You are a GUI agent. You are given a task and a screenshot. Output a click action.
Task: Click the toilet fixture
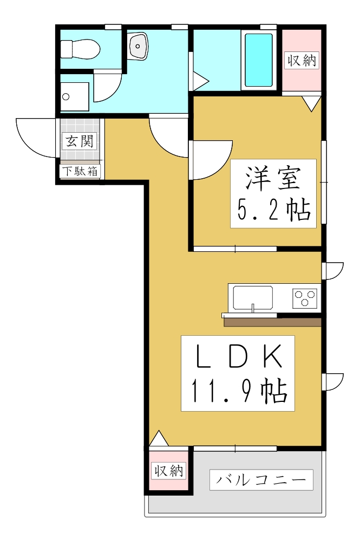pos(81,49)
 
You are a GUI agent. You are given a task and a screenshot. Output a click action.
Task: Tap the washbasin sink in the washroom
pos(139,46)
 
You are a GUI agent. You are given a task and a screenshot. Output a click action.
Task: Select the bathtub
pos(259,60)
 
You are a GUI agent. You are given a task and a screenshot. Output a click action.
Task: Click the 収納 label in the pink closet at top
pos(302,60)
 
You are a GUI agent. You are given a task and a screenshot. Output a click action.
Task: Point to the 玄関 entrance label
pos(80,142)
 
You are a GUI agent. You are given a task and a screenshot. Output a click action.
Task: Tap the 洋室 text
pos(273,178)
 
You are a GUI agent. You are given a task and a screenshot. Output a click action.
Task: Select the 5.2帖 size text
pos(273,210)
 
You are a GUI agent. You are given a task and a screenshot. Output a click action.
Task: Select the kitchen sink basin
pos(253,297)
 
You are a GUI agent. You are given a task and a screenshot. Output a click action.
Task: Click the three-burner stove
pos(304,298)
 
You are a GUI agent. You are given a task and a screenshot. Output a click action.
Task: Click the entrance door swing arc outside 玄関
pos(35,139)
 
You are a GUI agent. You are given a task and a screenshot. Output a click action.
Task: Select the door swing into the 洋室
pos(211,160)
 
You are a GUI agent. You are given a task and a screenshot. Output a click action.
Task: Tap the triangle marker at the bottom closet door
pos(159,439)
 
